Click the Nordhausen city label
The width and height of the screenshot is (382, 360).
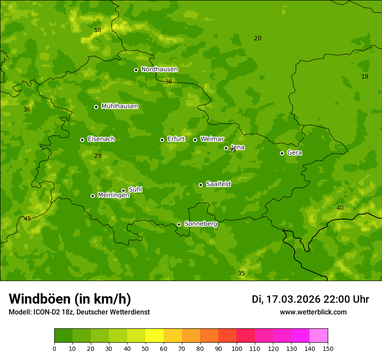click(x=159, y=69)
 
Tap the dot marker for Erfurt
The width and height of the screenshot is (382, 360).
click(x=162, y=140)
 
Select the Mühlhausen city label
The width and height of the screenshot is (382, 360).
click(x=119, y=106)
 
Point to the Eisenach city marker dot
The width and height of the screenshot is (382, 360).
click(x=82, y=140)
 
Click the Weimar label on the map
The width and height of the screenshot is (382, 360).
click(x=212, y=139)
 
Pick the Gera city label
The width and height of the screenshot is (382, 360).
click(x=294, y=153)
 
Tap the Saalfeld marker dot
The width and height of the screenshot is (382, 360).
click(x=201, y=185)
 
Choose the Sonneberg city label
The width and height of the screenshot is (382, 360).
click(x=201, y=224)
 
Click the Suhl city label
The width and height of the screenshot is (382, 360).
click(x=135, y=190)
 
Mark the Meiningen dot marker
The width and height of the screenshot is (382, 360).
click(x=92, y=196)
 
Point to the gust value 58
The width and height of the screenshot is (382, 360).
click(x=98, y=30)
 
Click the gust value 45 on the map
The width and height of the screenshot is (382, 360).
click(x=27, y=219)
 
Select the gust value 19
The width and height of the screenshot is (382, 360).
click(x=365, y=76)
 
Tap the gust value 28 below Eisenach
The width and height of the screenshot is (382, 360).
click(x=98, y=156)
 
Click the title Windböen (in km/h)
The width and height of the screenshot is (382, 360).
click(x=70, y=299)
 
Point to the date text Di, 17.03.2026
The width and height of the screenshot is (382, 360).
click(x=286, y=299)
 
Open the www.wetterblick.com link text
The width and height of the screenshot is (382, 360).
click(x=313, y=312)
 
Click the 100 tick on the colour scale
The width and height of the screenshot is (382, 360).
click(x=237, y=348)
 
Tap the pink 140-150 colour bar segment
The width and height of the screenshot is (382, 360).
click(x=319, y=336)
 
